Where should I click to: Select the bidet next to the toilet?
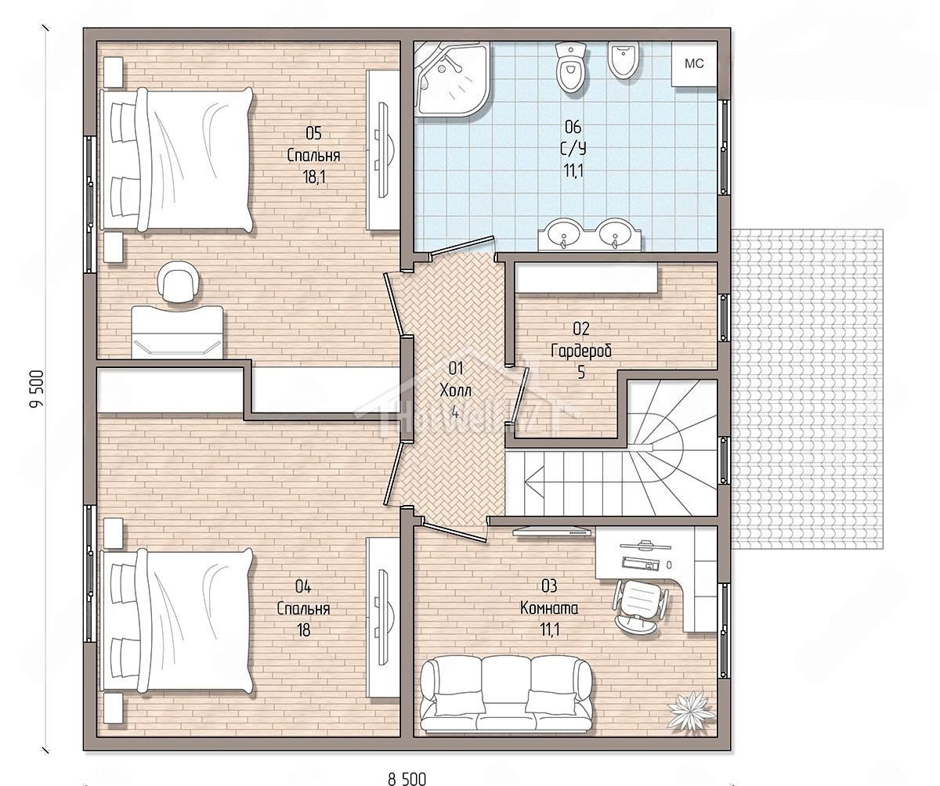(624, 61)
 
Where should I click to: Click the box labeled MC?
(694, 64)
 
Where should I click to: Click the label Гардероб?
(581, 351)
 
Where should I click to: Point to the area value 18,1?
(314, 177)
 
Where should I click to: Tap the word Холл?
(456, 390)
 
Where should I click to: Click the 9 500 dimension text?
(37, 389)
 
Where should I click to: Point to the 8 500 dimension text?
(407, 779)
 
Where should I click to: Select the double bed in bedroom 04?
(176, 622)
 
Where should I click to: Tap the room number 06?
(573, 127)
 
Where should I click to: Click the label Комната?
(549, 608)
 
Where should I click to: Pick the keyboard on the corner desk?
(642, 563)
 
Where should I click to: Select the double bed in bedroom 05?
(176, 160)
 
